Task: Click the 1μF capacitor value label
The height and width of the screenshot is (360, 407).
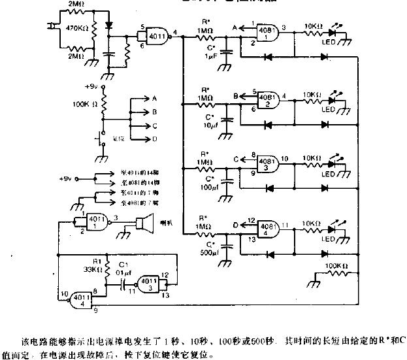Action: click(210, 59)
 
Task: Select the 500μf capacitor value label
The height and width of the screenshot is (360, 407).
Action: click(209, 253)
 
